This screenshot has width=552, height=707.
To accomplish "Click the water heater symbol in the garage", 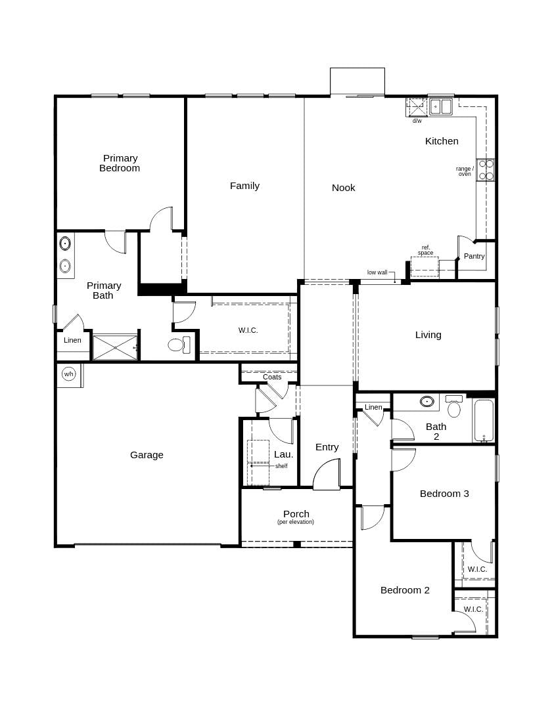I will [x=68, y=374].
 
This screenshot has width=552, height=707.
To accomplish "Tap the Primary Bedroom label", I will [x=120, y=163].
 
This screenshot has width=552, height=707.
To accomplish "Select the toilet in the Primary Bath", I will [x=177, y=345].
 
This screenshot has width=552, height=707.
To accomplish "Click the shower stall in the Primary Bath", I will [x=115, y=347].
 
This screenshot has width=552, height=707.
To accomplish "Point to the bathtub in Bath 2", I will [x=483, y=420].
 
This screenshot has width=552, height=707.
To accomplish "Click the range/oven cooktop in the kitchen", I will [x=486, y=169].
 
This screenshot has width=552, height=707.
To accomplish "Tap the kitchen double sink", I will [x=441, y=106].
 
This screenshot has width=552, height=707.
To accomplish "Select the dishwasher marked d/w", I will [x=417, y=107].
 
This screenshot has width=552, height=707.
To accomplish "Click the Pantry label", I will [x=474, y=256].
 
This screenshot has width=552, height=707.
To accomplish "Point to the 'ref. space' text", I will [x=426, y=250].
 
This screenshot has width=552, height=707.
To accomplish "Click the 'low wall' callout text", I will [x=377, y=272].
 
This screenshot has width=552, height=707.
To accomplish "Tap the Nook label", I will [x=343, y=188].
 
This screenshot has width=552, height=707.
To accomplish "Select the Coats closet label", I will [x=272, y=377].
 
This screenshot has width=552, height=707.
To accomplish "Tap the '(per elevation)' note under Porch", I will [x=296, y=523].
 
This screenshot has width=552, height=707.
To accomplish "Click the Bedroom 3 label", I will [x=444, y=494].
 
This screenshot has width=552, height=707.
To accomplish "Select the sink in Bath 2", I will [x=427, y=401].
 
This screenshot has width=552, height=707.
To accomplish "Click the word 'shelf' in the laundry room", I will [x=281, y=466].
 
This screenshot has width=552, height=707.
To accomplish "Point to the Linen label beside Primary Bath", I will [x=72, y=340].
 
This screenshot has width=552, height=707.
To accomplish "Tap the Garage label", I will [x=147, y=455].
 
